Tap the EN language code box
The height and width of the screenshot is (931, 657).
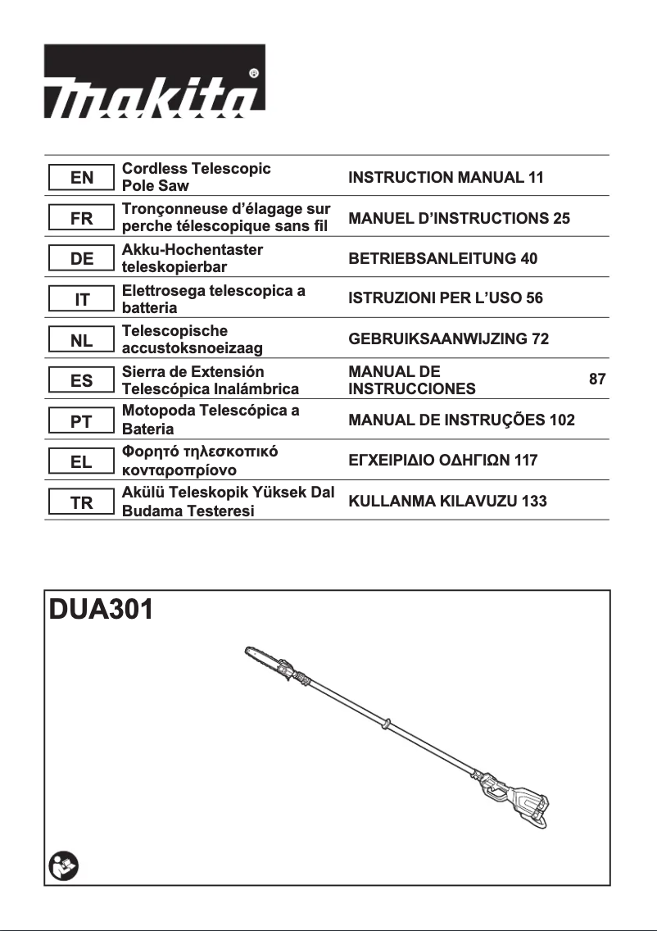pos(81,177)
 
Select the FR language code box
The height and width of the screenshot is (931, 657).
pos(81,218)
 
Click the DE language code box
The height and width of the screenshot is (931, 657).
pos(81,259)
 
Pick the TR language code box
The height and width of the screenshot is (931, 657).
pos(81,502)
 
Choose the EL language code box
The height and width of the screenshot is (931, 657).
pos(81,462)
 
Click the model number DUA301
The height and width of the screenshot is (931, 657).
pos(101,611)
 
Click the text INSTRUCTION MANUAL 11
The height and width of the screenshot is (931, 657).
pos(446,177)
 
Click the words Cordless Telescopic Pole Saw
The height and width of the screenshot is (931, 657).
pos(196,177)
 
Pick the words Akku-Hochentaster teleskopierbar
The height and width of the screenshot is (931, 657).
pos(192,258)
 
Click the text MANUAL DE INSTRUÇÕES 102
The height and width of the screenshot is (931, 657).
pos(461,420)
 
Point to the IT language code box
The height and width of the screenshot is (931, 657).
pos(81,300)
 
